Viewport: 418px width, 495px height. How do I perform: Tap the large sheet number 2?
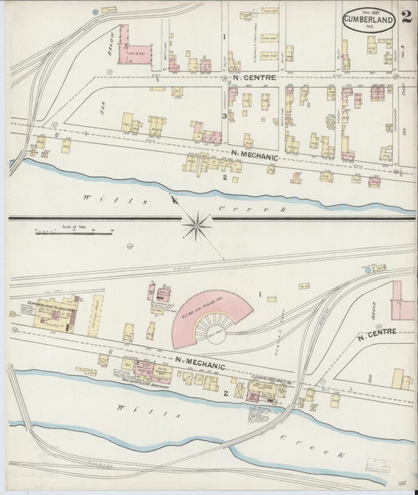pyautogui.click(x=406, y=18)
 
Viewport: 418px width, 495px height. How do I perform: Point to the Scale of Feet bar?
pyautogui.click(x=73, y=232)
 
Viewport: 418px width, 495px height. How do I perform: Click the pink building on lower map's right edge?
pyautogui.click(x=405, y=299)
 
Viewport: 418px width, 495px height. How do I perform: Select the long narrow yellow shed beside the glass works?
pyautogui.click(x=96, y=316)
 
